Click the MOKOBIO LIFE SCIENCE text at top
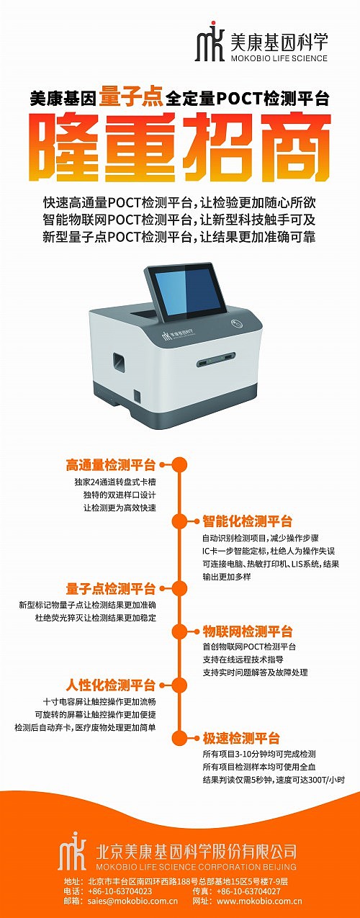click(279, 58)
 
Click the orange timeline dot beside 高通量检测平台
click(180, 464)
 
